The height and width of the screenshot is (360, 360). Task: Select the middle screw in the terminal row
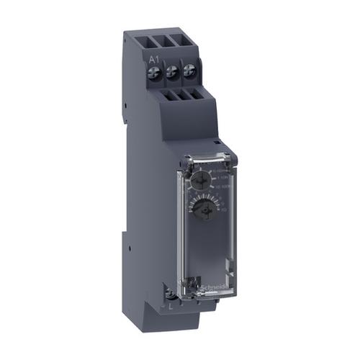173,71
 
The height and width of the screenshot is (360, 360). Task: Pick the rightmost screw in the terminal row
189,69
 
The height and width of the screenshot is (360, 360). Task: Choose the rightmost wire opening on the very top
189,41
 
